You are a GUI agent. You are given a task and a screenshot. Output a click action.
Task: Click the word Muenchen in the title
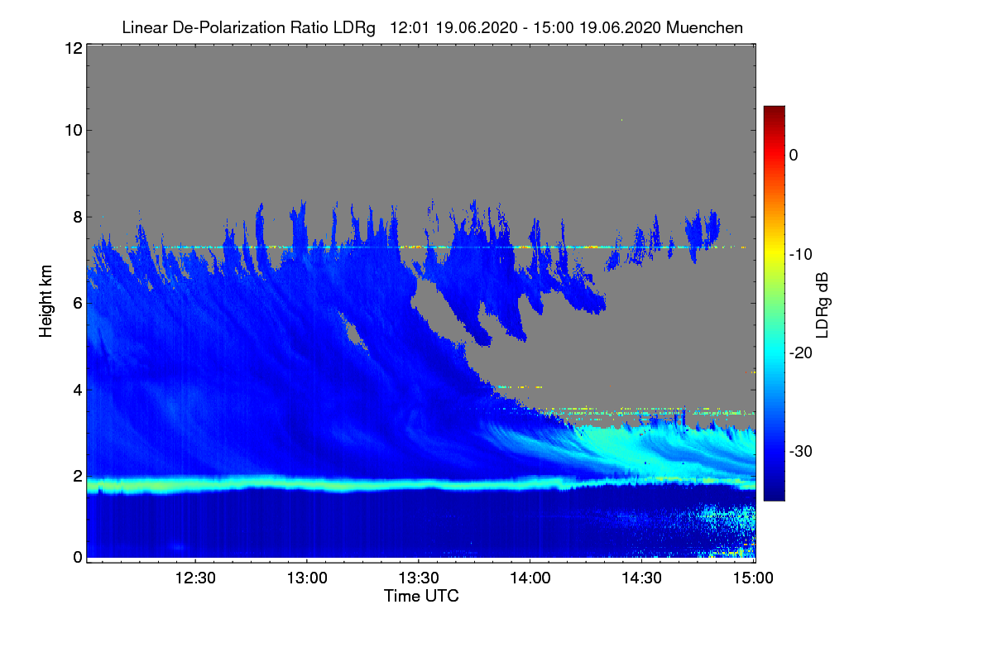pos(704,27)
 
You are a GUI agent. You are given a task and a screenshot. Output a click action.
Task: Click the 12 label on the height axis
pos(72,48)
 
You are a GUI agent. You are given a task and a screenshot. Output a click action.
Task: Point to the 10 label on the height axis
pos(72,130)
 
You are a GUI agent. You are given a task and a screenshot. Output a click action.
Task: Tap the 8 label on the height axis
pos(77,217)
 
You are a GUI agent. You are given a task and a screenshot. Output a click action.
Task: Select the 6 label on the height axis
pos(77,304)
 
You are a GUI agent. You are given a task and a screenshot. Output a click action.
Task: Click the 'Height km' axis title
pos(46,300)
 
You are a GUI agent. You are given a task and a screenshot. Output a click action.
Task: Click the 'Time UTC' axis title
pos(421,596)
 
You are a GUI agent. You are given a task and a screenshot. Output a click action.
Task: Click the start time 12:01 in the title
pos(406,27)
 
